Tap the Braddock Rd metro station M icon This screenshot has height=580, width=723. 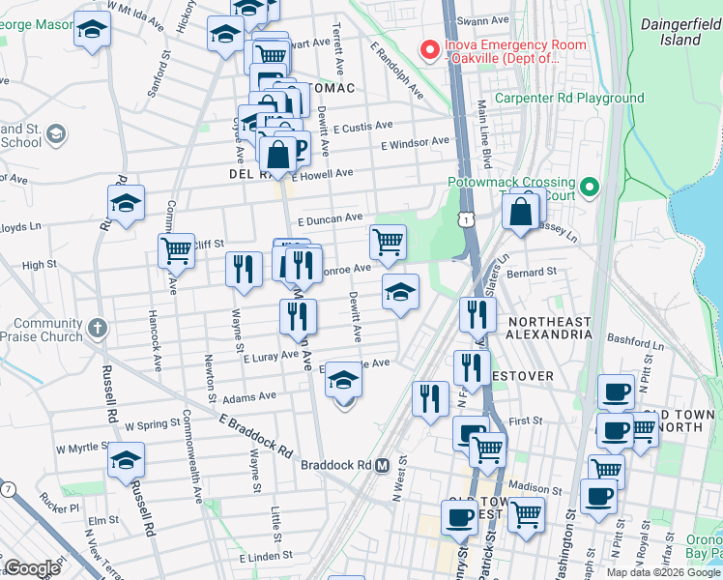382,465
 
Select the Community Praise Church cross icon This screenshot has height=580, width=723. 96,329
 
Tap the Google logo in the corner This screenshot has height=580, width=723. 32,568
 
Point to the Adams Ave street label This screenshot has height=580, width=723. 248,396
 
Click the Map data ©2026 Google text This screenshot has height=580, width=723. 662,572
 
